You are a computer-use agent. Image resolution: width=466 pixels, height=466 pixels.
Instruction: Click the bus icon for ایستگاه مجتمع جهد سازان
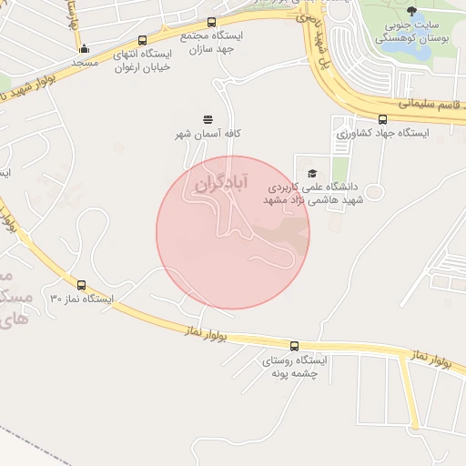(212, 22)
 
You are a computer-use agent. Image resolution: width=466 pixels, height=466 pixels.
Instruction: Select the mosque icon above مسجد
(85, 49)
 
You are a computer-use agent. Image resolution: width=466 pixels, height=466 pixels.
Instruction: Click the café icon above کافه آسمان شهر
(208, 119)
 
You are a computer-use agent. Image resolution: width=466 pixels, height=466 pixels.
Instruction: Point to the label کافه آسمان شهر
(208, 135)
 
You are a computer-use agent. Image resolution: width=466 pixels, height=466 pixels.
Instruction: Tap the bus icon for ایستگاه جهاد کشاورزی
(382, 119)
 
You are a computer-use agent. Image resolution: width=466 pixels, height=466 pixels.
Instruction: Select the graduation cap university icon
(313, 173)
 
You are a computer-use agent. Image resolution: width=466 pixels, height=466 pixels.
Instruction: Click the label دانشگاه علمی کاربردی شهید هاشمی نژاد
(315, 193)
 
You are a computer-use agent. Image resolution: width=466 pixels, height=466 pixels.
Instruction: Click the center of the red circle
(233, 233)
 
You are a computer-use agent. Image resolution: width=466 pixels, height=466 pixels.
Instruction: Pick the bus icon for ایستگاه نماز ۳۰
(82, 285)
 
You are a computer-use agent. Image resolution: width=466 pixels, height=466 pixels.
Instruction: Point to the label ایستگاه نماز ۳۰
(82, 299)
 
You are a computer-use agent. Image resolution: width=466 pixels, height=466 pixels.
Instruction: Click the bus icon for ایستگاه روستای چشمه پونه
(294, 346)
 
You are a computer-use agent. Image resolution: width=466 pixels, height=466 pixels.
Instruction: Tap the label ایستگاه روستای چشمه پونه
(294, 367)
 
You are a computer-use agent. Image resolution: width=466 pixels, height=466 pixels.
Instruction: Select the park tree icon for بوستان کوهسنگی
(413, 11)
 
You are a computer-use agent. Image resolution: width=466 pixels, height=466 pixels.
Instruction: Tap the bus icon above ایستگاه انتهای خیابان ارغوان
(143, 40)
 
